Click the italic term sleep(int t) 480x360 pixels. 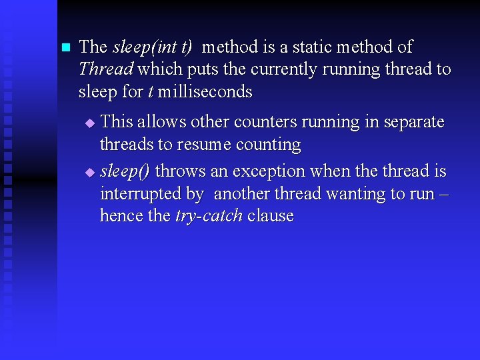(153, 47)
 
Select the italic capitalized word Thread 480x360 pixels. (106, 69)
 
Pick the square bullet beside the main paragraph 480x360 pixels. (65, 48)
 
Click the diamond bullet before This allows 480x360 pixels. (91, 123)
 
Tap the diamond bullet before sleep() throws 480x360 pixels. (91, 173)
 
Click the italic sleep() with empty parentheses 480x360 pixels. (125, 171)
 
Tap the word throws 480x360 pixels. (181, 171)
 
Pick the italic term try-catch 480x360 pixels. (209, 216)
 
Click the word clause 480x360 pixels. (271, 216)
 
